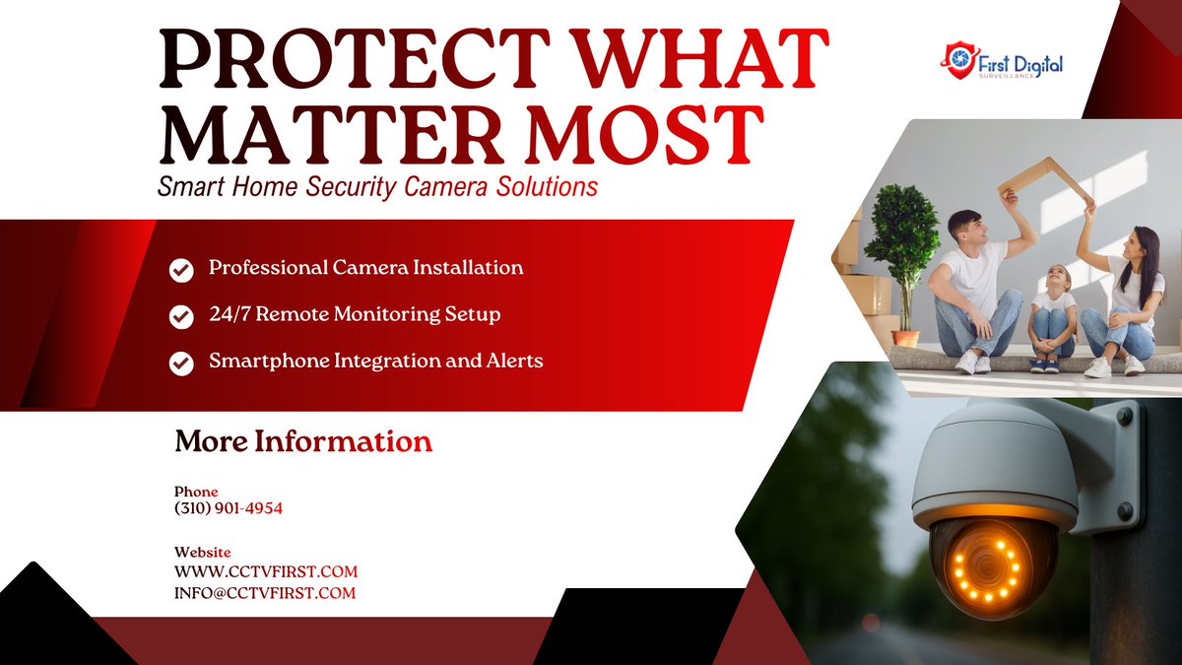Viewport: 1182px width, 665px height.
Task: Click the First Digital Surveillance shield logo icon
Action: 957,60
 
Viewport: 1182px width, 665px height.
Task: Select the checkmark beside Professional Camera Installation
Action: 181,269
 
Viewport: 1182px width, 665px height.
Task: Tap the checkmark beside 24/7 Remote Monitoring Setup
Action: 181,316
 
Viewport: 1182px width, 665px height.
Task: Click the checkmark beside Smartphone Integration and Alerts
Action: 181,363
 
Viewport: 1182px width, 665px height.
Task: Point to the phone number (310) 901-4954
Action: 229,508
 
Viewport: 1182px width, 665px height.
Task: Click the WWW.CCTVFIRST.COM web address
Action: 266,571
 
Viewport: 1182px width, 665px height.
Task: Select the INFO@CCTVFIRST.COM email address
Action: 265,593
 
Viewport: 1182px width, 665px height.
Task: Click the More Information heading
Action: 303,441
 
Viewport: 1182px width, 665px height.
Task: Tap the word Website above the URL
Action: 202,553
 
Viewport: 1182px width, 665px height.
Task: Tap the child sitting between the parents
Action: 1053,315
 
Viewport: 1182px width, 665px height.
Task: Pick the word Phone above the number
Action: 196,492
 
